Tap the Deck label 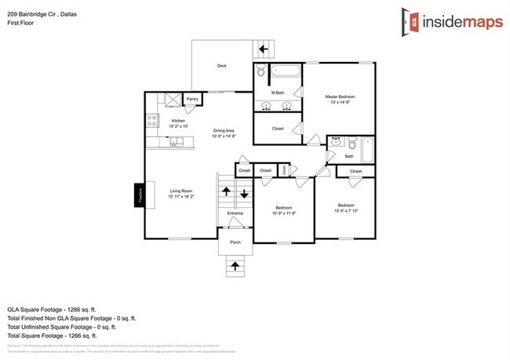click(x=222, y=66)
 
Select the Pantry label click(x=192, y=100)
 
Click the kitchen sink click(x=179, y=141)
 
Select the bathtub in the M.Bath click(x=286, y=73)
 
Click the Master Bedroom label click(x=341, y=97)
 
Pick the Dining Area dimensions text click(x=224, y=136)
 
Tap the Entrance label click(x=235, y=213)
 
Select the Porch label click(x=235, y=242)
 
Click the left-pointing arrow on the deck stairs click(x=264, y=49)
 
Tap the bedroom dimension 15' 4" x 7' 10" click(x=346, y=209)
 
